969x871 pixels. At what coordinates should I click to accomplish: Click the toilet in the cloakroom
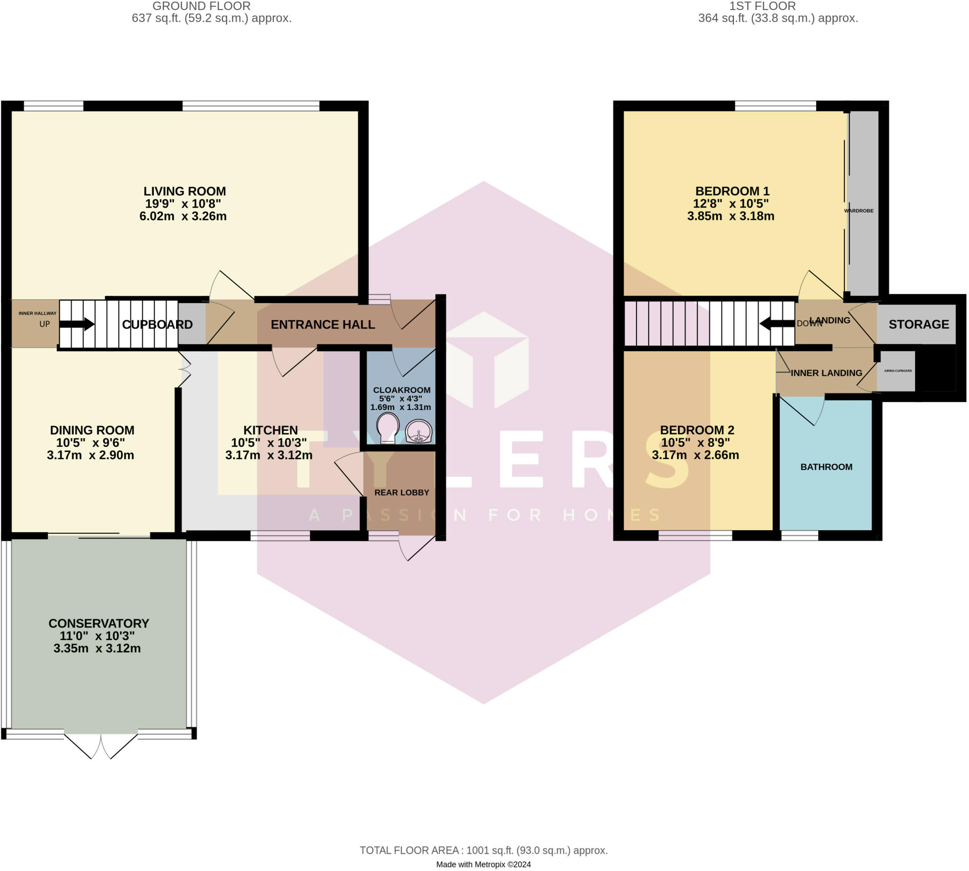click(x=388, y=428)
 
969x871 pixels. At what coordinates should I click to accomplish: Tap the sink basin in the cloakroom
click(x=419, y=431)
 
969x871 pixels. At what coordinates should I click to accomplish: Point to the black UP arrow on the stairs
click(x=77, y=324)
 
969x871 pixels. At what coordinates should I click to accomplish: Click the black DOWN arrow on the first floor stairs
click(x=777, y=324)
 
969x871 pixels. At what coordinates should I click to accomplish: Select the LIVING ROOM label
click(x=185, y=191)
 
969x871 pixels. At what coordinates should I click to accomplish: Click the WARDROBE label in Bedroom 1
click(x=858, y=211)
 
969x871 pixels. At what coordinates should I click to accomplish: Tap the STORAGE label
click(x=919, y=324)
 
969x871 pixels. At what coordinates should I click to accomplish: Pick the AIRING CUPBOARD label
click(x=898, y=371)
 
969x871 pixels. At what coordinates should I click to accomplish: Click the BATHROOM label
click(x=827, y=467)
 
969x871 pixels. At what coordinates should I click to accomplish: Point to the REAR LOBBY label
click(x=402, y=492)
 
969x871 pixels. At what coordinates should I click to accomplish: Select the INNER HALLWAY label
click(x=37, y=313)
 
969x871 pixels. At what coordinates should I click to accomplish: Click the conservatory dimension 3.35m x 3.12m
click(x=97, y=649)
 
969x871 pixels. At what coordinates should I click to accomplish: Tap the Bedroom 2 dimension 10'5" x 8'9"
click(x=696, y=443)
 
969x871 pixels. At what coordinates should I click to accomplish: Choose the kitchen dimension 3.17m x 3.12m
click(x=269, y=455)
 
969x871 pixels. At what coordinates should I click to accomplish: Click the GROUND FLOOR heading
click(x=202, y=6)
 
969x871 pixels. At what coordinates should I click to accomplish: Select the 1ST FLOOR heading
click(x=762, y=6)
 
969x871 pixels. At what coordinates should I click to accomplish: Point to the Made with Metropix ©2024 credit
click(x=483, y=864)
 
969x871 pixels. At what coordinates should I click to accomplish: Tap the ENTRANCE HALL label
click(x=323, y=324)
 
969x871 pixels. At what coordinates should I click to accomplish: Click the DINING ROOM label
click(x=92, y=430)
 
